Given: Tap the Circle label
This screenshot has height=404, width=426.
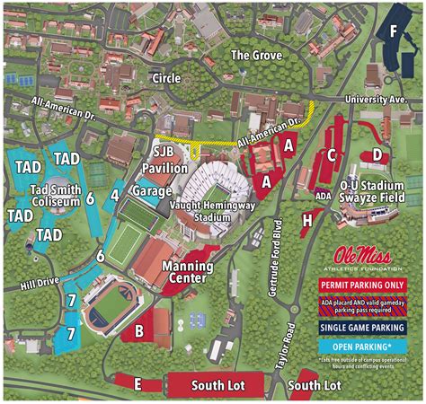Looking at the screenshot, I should pos(166,78).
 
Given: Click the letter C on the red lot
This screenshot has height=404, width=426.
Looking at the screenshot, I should pos(332,154).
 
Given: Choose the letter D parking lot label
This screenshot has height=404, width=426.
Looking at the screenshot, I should pos(378,155).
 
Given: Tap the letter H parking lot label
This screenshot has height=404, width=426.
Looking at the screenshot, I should pos(307,217).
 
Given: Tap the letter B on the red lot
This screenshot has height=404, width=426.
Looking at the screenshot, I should pos(139,330).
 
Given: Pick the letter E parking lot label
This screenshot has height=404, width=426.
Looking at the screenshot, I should pos(137,384).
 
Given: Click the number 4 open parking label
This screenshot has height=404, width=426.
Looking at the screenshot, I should pos(114,194).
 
